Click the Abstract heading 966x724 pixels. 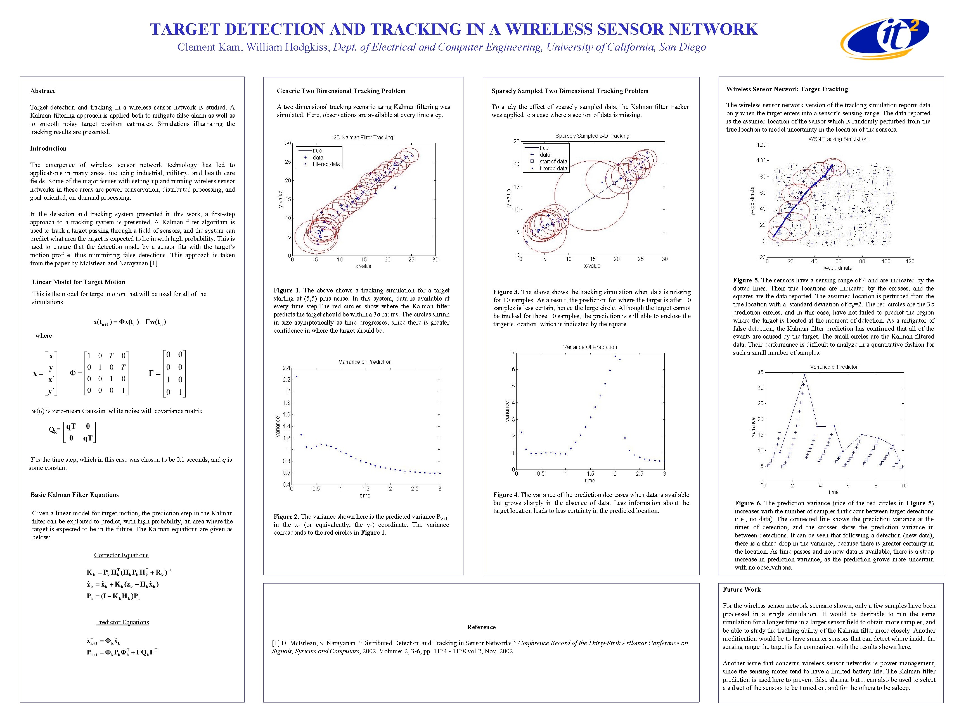(x=42, y=91)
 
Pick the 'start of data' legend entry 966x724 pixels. (x=553, y=161)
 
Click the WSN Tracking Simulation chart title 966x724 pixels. (x=838, y=139)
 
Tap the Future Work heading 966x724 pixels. (x=742, y=590)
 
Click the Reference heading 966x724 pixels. (x=481, y=627)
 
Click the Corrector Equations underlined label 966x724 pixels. (x=121, y=555)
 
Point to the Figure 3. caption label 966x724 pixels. (x=506, y=292)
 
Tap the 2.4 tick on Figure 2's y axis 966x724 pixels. (x=286, y=368)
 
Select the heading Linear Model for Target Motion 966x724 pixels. (x=79, y=282)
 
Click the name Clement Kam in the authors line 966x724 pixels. (x=209, y=47)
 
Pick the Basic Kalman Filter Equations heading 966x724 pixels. (x=75, y=495)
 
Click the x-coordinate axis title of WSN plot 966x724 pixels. (x=838, y=268)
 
